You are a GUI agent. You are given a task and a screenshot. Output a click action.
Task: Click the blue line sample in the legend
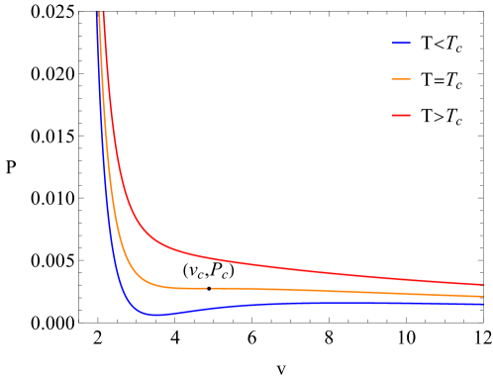[x=401, y=44]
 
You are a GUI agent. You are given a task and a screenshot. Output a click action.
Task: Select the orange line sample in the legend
[x=401, y=79]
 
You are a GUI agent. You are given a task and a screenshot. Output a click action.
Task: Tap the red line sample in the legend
[x=401, y=115]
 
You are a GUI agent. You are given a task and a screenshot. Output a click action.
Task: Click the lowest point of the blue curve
[x=153, y=315]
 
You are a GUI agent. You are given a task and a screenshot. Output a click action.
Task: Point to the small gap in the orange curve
[x=208, y=288]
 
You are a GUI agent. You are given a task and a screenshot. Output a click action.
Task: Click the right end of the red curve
[x=483, y=285]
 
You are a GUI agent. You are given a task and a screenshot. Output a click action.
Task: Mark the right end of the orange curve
[x=483, y=296]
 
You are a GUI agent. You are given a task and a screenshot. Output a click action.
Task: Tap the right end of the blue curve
[x=483, y=305]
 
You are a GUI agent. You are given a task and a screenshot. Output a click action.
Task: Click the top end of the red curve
[x=103, y=12]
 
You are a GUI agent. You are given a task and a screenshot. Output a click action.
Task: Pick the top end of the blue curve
[x=96, y=12]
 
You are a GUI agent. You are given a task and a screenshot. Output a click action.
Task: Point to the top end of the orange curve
[x=99, y=12]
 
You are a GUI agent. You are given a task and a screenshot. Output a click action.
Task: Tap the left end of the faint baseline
[x=84, y=323]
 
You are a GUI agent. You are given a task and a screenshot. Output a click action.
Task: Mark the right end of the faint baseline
[x=481, y=323]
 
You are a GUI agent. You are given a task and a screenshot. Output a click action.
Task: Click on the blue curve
[x=297, y=303]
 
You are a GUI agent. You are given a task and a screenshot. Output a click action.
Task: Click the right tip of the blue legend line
[x=411, y=44]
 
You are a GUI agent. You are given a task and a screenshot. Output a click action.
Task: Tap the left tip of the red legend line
[x=392, y=115]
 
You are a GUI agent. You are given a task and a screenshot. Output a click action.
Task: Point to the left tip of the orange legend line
[x=392, y=79]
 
